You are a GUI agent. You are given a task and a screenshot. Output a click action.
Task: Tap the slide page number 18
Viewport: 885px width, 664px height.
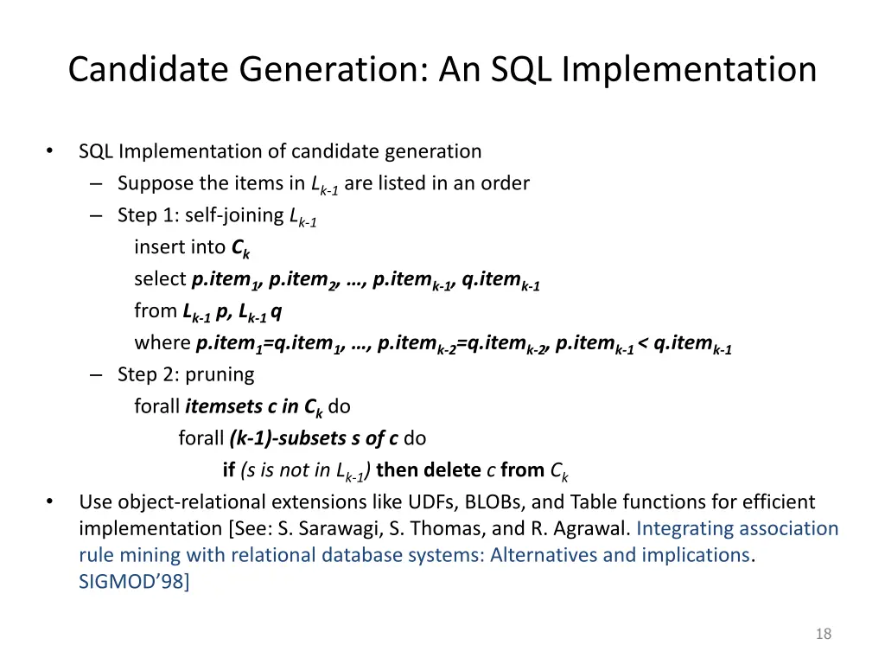click(823, 635)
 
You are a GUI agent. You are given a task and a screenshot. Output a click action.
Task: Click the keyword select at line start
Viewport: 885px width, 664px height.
click(160, 279)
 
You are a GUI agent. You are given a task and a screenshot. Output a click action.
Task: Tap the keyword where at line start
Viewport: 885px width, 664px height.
click(162, 343)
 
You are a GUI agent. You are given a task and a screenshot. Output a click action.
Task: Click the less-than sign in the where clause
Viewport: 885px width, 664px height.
click(644, 343)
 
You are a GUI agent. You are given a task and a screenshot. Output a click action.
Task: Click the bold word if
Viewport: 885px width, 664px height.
click(229, 470)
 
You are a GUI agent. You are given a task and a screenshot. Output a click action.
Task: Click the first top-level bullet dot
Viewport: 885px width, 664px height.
click(49, 152)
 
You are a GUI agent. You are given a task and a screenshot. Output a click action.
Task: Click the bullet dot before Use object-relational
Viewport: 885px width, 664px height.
click(49, 502)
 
